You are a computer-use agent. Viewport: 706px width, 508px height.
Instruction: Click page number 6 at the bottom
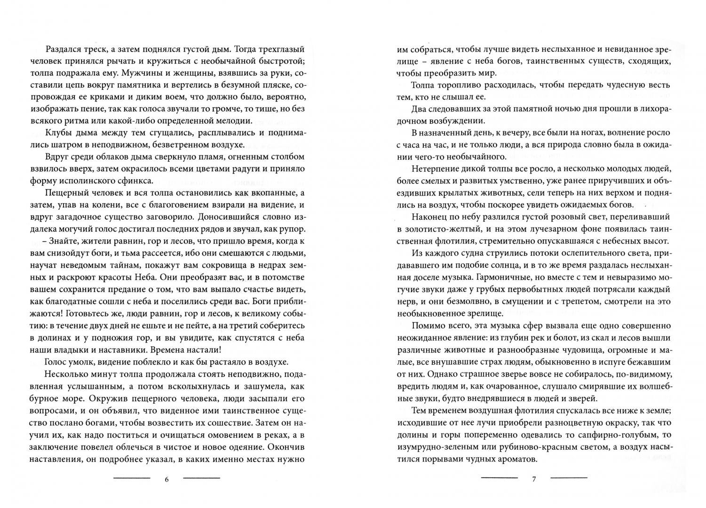point(167,479)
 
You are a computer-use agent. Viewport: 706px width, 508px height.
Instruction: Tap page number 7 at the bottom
point(534,479)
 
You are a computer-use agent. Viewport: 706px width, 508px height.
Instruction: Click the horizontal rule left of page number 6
point(132,478)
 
